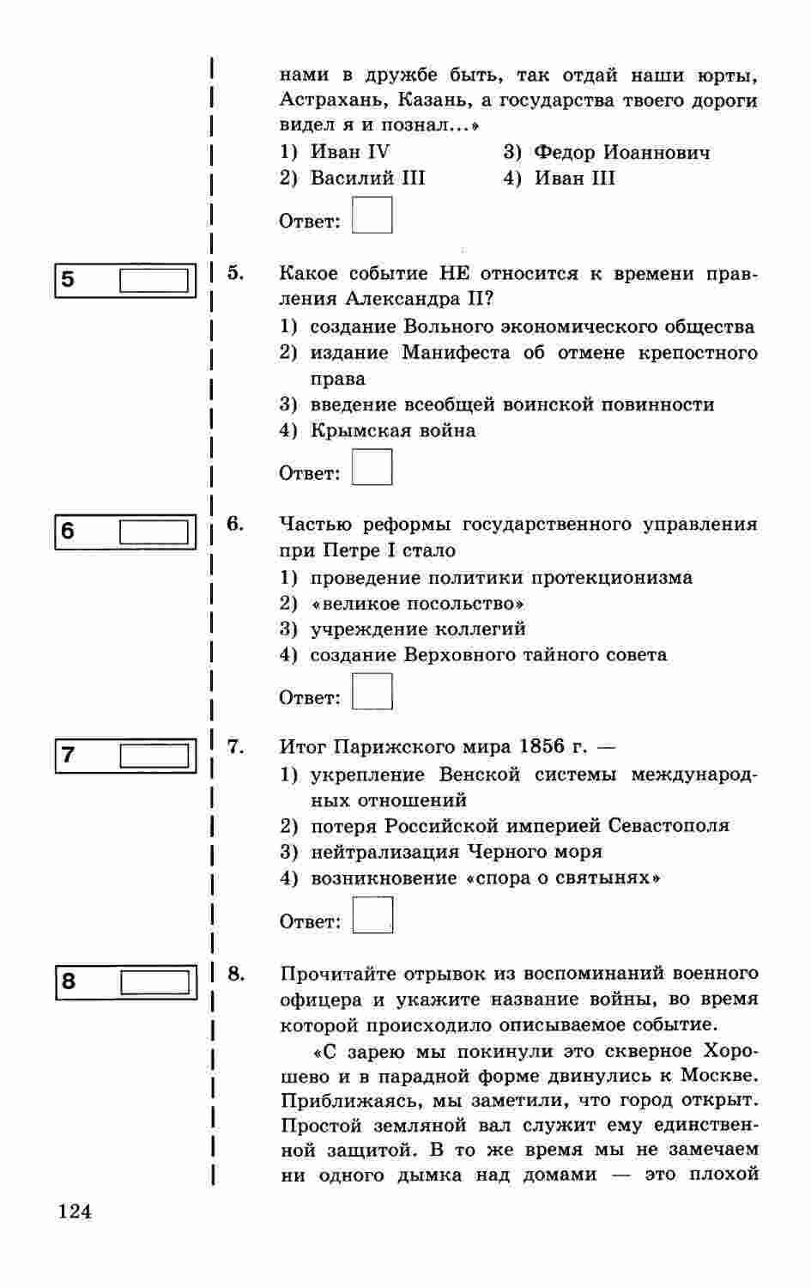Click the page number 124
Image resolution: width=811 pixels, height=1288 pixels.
tap(74, 1212)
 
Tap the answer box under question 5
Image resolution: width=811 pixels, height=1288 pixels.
tap(372, 467)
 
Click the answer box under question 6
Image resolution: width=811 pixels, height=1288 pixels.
tap(372, 691)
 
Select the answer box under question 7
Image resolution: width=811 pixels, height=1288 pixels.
tap(372, 915)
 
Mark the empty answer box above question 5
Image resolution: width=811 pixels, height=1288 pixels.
tap(372, 215)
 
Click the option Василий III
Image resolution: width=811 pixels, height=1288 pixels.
tap(367, 179)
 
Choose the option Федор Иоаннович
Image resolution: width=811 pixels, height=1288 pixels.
tap(621, 153)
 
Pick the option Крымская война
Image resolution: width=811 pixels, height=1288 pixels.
tap(392, 430)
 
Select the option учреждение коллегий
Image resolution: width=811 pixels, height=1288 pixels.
tap(417, 629)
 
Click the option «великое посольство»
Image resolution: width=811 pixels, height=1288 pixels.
tap(417, 603)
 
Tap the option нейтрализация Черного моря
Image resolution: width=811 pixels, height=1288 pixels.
tap(456, 852)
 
